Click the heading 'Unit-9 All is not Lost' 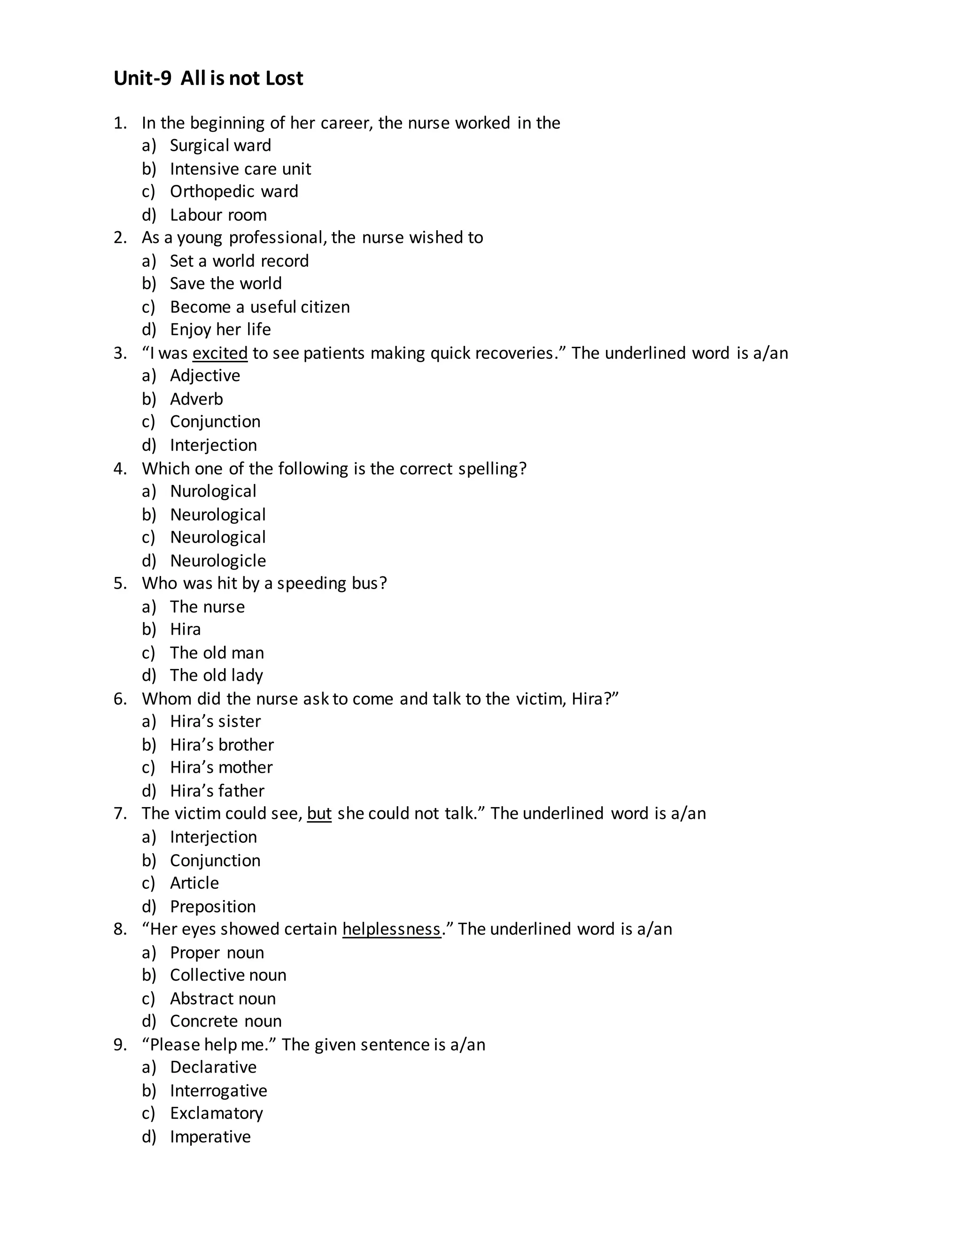(208, 78)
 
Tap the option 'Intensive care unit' (240, 169)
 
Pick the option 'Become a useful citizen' (259, 307)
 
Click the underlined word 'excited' (220, 353)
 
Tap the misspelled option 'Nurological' (213, 491)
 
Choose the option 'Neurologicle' (217, 560)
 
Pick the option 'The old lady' (216, 675)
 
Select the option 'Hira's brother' (221, 745)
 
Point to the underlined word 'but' (319, 813)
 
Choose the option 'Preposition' (213, 906)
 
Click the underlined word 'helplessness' (392, 929)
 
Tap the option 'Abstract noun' (222, 998)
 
